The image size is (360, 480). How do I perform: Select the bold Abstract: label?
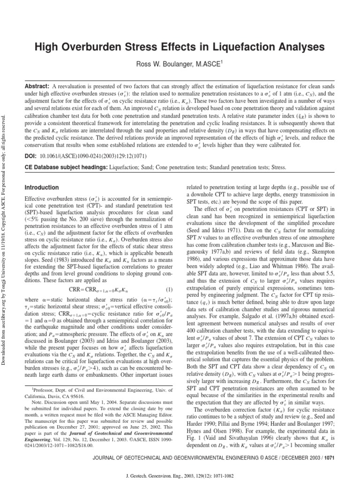pos(37,87)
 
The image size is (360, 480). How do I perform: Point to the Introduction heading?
pos(42,187)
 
